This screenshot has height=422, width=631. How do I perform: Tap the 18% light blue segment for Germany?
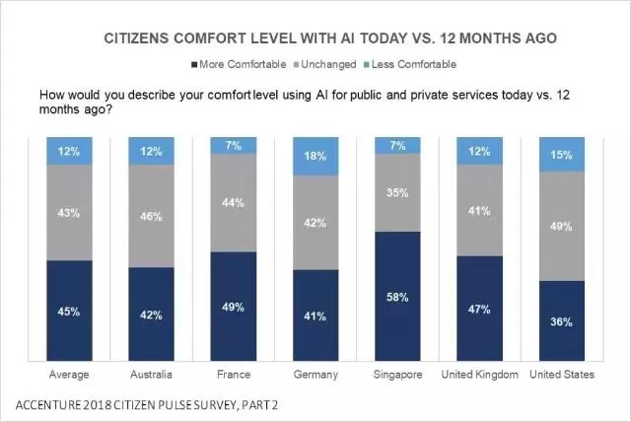tap(315, 156)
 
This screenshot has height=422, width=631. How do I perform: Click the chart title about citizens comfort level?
tap(330, 38)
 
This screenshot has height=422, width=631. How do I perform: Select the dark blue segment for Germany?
tap(315, 316)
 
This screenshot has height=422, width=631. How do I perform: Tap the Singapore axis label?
tap(399, 375)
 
